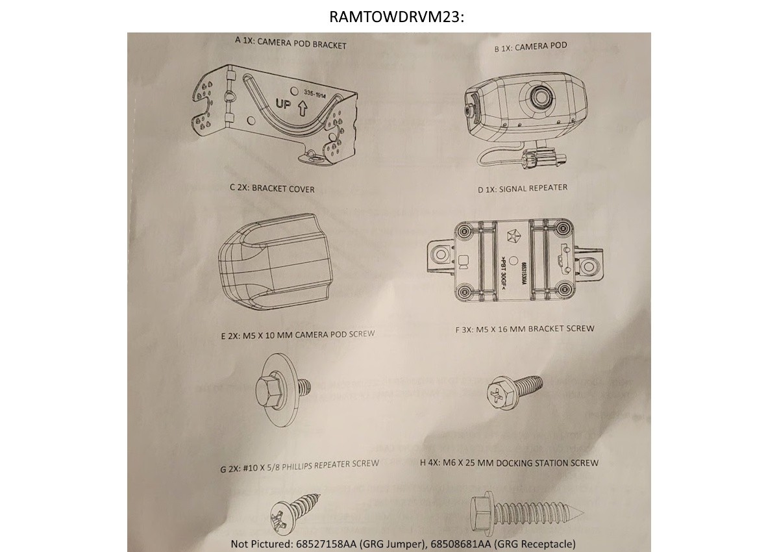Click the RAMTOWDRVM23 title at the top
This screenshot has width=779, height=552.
click(x=397, y=17)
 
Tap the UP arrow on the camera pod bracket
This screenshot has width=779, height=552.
click(x=302, y=108)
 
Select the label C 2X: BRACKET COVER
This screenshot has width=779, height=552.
click(x=272, y=189)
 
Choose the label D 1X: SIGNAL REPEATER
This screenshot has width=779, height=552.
click(x=523, y=188)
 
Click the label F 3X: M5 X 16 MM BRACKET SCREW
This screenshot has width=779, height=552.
click(x=525, y=329)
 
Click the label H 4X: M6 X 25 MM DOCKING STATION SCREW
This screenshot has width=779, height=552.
click(x=510, y=463)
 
